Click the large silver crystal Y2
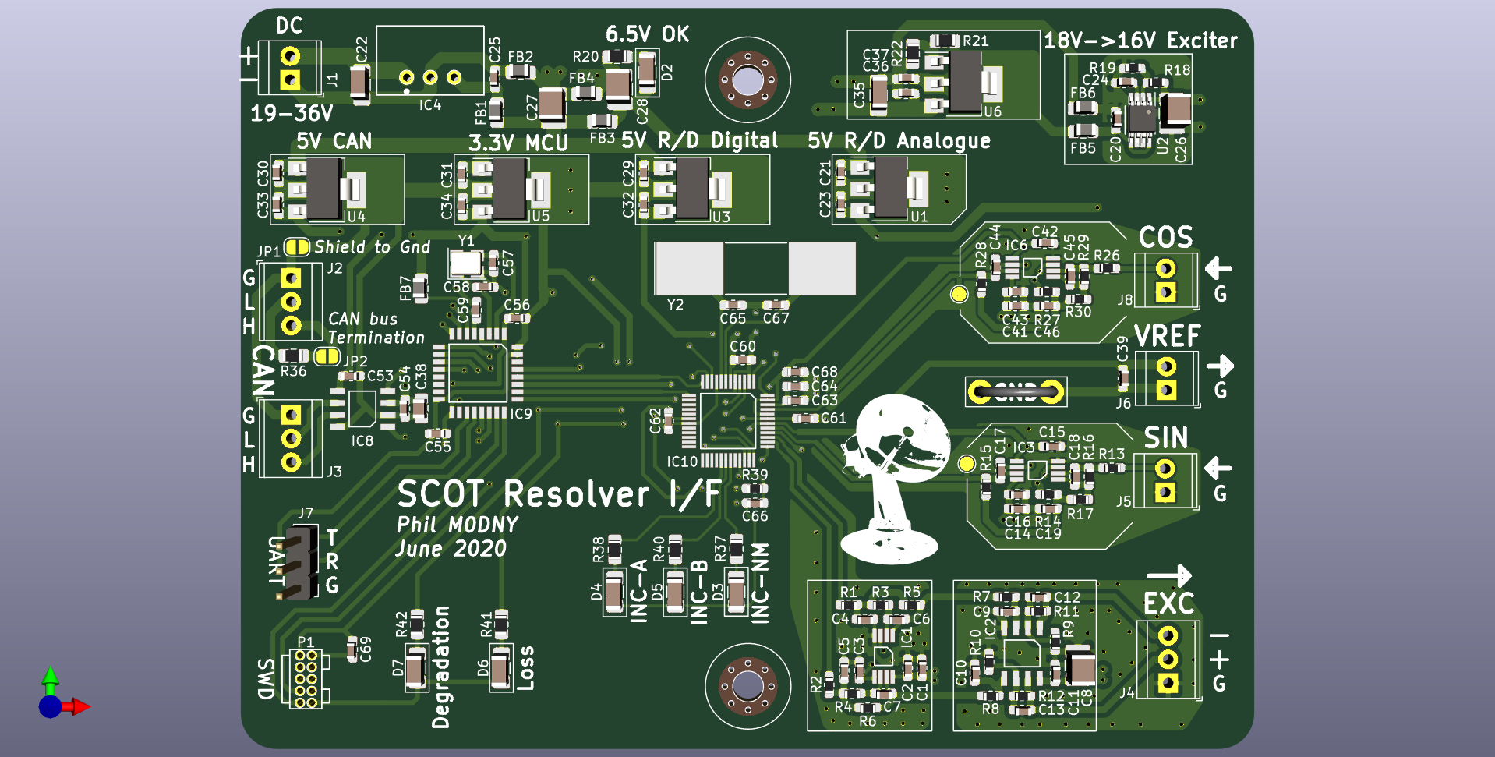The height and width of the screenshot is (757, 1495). tap(755, 268)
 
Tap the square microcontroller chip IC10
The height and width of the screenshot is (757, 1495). tap(727, 420)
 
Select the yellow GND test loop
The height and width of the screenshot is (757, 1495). tap(1016, 391)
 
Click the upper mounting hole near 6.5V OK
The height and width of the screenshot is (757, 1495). tap(747, 80)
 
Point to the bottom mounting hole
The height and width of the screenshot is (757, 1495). tap(747, 686)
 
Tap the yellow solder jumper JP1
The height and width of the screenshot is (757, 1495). tap(296, 247)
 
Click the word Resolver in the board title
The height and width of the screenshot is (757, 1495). tap(576, 495)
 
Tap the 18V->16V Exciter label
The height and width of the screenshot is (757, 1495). tap(1140, 41)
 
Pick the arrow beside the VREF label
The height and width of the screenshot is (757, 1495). tap(1221, 366)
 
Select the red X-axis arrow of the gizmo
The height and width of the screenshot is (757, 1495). tap(79, 707)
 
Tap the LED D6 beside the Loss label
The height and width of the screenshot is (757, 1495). tap(500, 667)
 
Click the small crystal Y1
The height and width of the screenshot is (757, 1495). tap(465, 264)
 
